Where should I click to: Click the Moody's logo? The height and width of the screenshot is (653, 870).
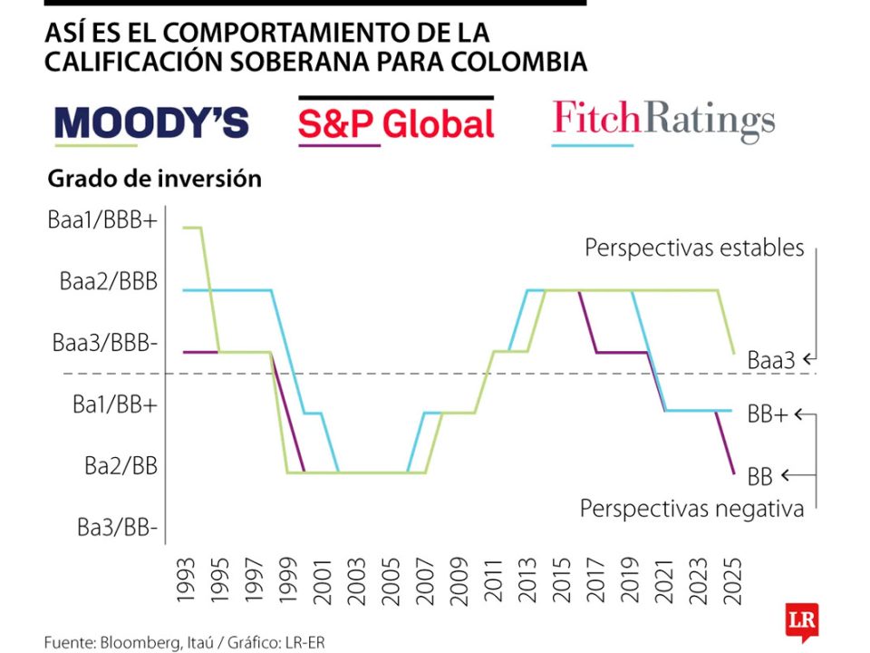[151, 122]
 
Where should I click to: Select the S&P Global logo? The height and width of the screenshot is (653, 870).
[396, 124]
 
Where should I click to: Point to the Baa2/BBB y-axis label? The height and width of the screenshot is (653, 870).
[109, 281]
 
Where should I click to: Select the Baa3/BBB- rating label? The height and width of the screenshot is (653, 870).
[105, 343]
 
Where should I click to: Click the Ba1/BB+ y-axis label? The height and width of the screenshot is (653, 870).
[115, 404]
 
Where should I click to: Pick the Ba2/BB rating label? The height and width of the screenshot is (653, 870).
[121, 466]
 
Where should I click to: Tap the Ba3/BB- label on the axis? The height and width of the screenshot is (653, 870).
[117, 527]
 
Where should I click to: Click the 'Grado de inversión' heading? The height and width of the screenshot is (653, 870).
[155, 179]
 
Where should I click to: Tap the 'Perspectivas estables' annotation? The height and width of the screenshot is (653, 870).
[694, 248]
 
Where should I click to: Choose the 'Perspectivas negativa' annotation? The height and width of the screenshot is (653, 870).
[691, 509]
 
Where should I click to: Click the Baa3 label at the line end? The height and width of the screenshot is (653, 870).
[771, 360]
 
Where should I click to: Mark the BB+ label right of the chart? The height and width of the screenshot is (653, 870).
[767, 415]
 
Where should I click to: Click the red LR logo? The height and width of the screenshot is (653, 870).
[802, 623]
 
